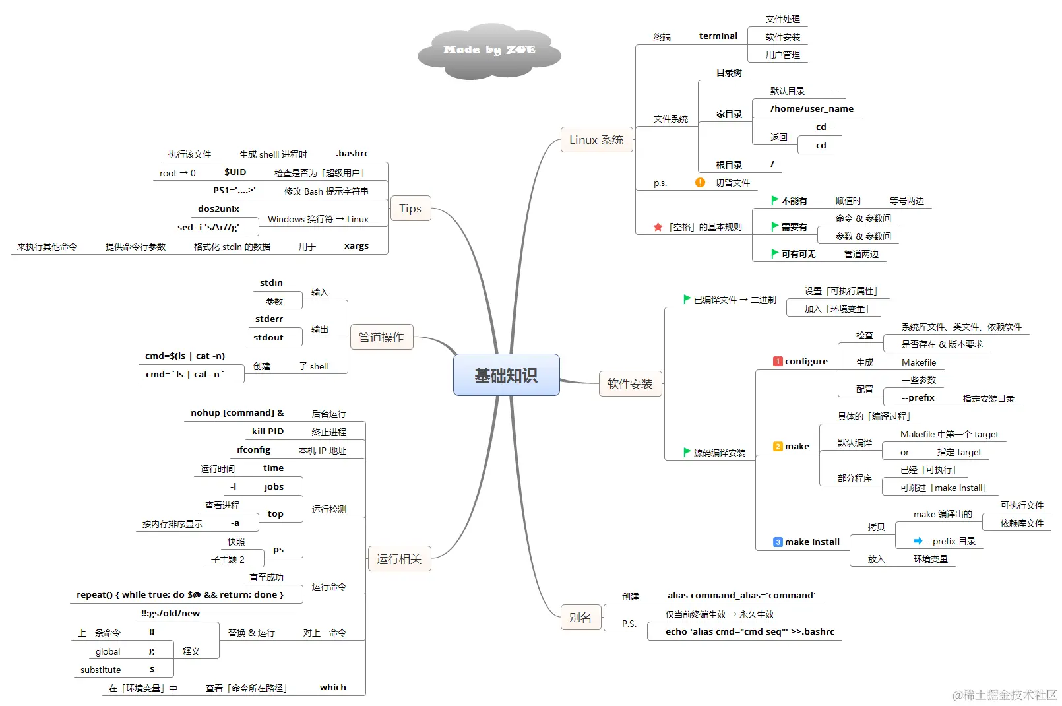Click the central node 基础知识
[506, 375]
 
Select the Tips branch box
[410, 209]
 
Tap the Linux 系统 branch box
[596, 140]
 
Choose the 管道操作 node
[381, 337]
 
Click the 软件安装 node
[630, 383]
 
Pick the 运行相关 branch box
[398, 559]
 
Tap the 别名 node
[580, 618]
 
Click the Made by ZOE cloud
[489, 50]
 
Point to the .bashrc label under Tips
[352, 153]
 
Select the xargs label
[356, 245]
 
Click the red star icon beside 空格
[658, 227]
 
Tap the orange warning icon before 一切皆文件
[700, 183]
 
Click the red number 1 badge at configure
[778, 362]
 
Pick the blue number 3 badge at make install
[778, 542]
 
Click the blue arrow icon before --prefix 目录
[918, 541]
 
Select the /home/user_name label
[811, 108]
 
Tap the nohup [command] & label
[237, 412]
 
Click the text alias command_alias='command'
[741, 595]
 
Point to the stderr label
[269, 319]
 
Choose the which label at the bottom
[333, 687]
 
